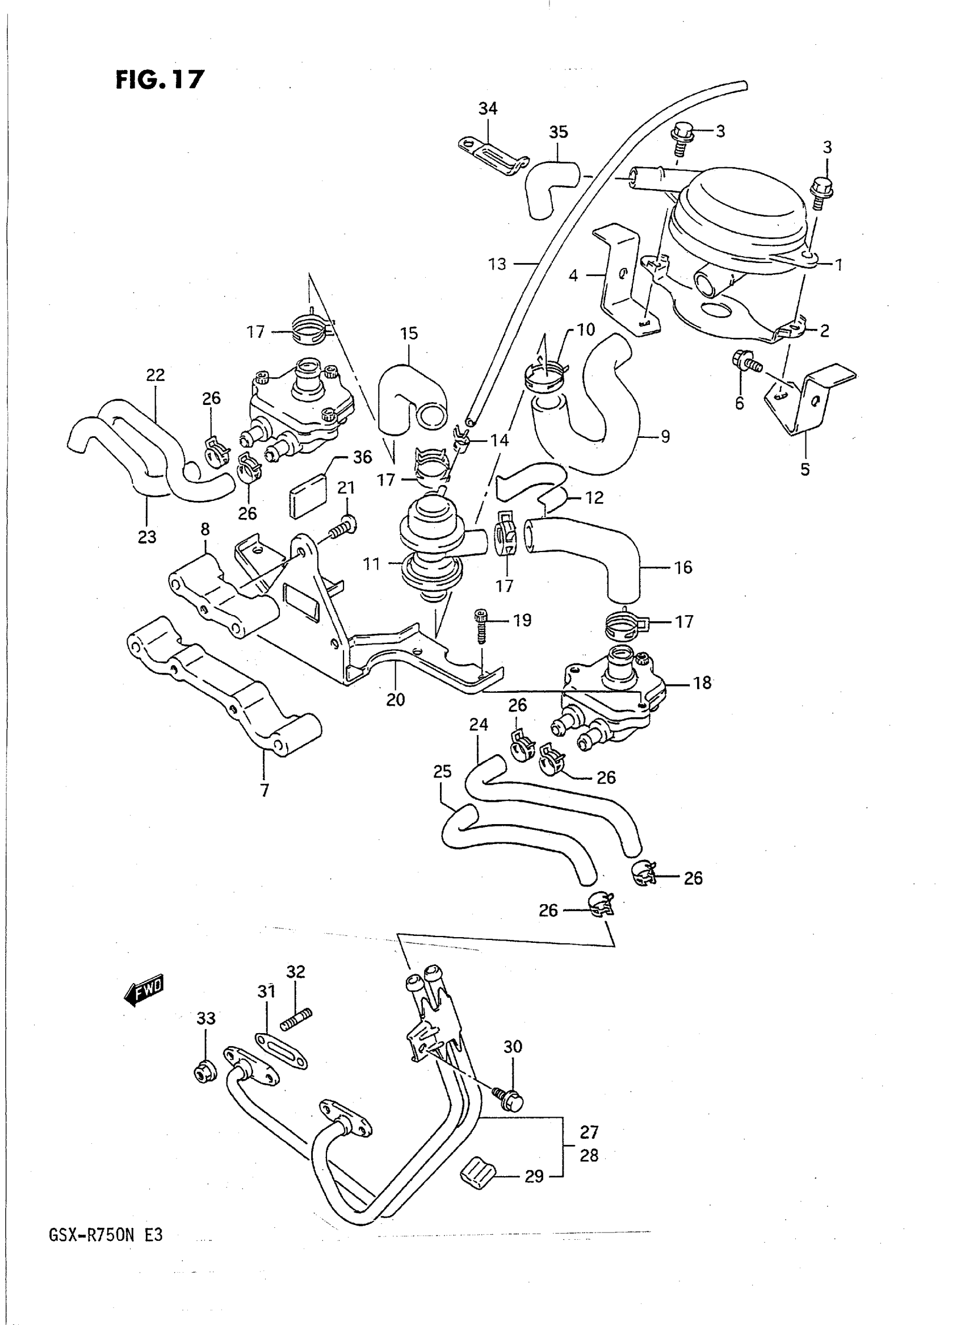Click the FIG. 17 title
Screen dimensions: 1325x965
click(x=160, y=80)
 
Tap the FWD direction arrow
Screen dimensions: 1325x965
click(x=144, y=989)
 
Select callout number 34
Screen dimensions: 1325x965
click(x=488, y=108)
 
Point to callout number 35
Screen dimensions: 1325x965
click(x=559, y=132)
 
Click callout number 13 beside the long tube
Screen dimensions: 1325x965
click(x=497, y=264)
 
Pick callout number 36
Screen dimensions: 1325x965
click(x=362, y=457)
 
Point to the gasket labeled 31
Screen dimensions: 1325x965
click(x=281, y=1050)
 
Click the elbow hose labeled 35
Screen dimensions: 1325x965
click(x=550, y=183)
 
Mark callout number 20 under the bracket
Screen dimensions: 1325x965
click(x=396, y=700)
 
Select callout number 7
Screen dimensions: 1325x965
click(x=265, y=791)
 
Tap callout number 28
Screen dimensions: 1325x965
click(x=589, y=1155)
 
